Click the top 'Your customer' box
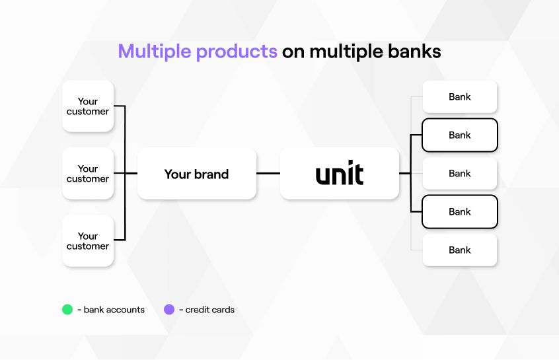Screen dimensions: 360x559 88,106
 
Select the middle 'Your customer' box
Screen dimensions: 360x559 88,174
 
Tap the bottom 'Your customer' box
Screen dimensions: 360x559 88,241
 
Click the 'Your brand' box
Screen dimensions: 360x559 196,174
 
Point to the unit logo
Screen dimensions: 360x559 339,174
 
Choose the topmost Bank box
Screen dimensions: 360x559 459,97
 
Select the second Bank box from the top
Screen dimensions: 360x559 459,135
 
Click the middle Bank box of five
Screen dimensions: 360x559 459,174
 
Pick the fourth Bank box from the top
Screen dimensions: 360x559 459,212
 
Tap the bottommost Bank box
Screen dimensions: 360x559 459,250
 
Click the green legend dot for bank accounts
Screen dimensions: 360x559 67,309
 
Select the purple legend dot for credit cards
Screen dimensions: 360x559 169,309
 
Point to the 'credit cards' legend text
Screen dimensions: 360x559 209,310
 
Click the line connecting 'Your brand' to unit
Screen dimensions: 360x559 268,174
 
